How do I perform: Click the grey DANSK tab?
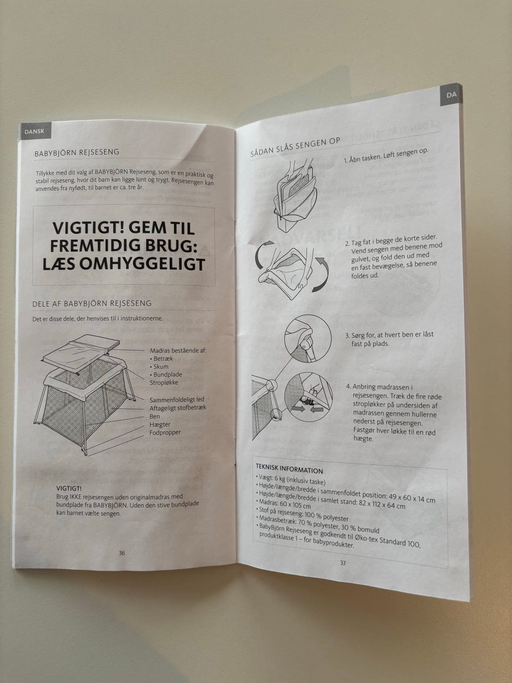34,131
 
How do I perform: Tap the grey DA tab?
451,96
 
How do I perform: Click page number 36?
122,553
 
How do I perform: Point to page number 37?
342,562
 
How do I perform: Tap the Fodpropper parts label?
165,433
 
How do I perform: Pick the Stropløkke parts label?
164,383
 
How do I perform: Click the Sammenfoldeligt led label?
177,400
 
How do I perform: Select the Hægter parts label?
159,424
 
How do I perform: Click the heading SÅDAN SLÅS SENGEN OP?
295,147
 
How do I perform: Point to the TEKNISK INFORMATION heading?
290,468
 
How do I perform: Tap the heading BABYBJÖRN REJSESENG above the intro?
77,153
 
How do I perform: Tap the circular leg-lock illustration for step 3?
308,338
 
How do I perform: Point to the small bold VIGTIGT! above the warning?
69,489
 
